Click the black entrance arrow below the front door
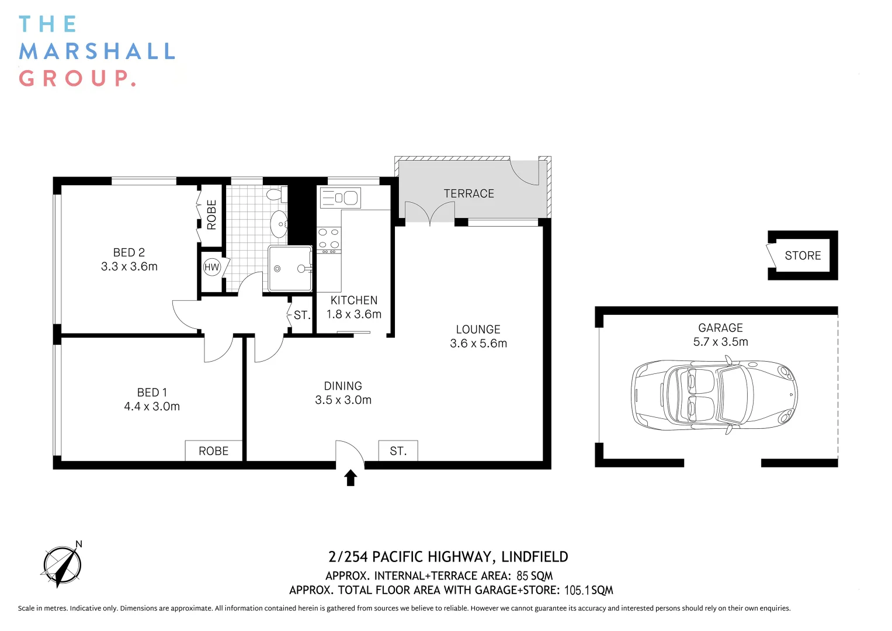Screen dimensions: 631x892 click(x=350, y=477)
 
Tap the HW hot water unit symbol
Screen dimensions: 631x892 click(x=211, y=268)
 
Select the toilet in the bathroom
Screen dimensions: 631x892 click(x=275, y=194)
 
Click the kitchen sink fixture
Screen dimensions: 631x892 click(x=341, y=198)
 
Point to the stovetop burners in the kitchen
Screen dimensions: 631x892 click(x=329, y=238)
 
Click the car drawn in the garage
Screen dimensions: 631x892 click(x=714, y=395)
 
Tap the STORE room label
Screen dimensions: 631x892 click(x=803, y=255)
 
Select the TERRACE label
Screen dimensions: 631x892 click(x=468, y=193)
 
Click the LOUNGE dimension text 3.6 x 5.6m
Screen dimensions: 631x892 click(x=478, y=344)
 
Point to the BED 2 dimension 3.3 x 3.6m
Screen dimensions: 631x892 click(x=129, y=266)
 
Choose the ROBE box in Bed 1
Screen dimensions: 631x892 click(x=213, y=451)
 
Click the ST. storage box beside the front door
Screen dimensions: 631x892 click(x=398, y=451)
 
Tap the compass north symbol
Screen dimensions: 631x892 click(x=63, y=565)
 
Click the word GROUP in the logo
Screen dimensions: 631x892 click(x=77, y=78)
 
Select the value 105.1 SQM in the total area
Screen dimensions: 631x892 click(x=588, y=590)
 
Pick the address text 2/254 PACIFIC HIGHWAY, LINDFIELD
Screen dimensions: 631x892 click(x=448, y=557)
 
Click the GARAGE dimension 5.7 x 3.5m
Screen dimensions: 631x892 click(x=720, y=342)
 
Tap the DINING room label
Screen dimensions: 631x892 click(x=343, y=386)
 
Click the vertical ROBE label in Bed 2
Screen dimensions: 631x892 click(x=211, y=214)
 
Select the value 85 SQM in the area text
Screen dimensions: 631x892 click(x=534, y=575)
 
